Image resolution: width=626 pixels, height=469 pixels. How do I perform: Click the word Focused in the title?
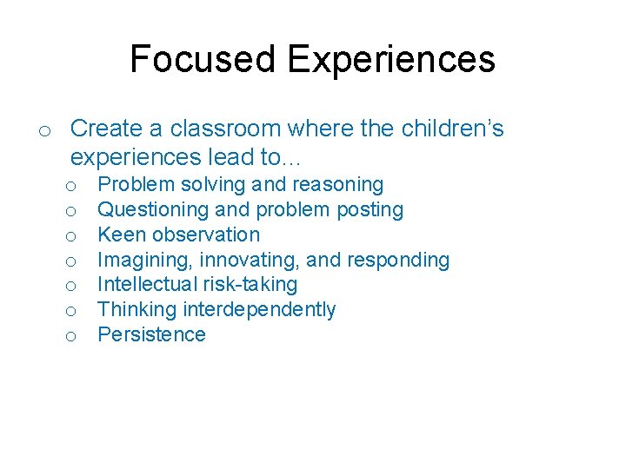pyautogui.click(x=203, y=59)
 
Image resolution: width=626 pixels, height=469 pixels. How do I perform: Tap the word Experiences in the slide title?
pyautogui.click(x=391, y=59)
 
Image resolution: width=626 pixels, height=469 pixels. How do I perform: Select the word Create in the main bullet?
pyautogui.click(x=106, y=129)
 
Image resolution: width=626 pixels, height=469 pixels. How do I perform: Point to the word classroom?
pyautogui.click(x=226, y=129)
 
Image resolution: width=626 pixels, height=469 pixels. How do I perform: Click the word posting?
pyautogui.click(x=372, y=209)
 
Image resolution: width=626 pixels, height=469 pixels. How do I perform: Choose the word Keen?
pyautogui.click(x=120, y=234)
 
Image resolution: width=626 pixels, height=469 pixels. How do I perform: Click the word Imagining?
pyautogui.click(x=146, y=260)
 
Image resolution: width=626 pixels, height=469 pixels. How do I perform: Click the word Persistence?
pyautogui.click(x=151, y=335)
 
